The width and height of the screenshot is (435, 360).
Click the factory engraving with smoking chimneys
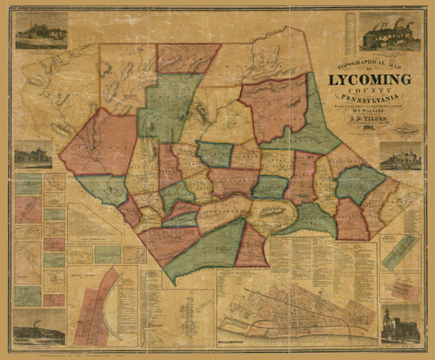click(x=389, y=32)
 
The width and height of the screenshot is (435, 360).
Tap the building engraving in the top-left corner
click(x=40, y=31)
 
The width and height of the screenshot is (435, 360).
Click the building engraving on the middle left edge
click(x=33, y=155)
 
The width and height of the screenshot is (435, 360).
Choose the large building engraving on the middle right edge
click(x=400, y=157)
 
